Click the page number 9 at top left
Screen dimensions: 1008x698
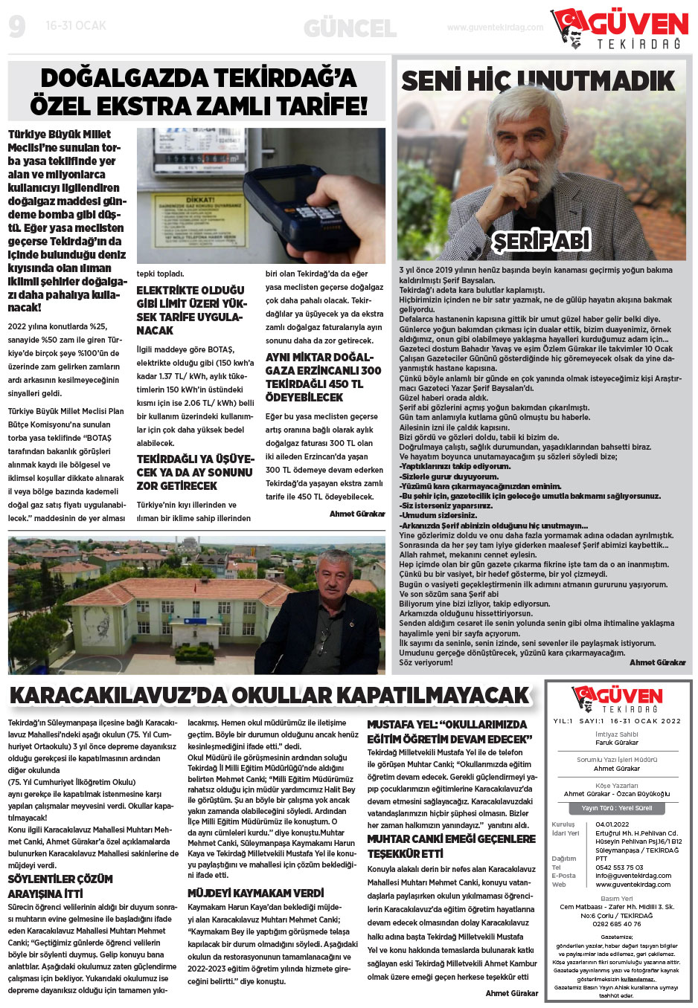17,28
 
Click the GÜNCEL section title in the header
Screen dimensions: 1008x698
350,29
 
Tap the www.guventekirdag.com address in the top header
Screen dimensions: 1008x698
495,28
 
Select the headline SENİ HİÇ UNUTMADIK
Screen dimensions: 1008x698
537,80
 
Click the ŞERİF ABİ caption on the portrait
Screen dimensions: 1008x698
541,240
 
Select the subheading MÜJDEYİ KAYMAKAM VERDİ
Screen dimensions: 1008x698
255,893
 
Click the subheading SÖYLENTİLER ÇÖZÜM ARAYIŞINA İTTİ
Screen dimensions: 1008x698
60,886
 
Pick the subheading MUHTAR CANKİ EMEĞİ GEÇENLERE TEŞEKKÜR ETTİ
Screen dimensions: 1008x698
451,846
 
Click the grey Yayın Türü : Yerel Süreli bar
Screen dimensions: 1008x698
617,808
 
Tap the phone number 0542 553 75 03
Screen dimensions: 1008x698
619,868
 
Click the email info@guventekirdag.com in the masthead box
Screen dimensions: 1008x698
633,876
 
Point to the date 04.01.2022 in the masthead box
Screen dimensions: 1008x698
612,824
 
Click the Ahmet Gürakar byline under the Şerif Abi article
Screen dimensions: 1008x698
657,662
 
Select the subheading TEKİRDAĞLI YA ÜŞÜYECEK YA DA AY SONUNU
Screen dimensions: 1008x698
195,472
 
